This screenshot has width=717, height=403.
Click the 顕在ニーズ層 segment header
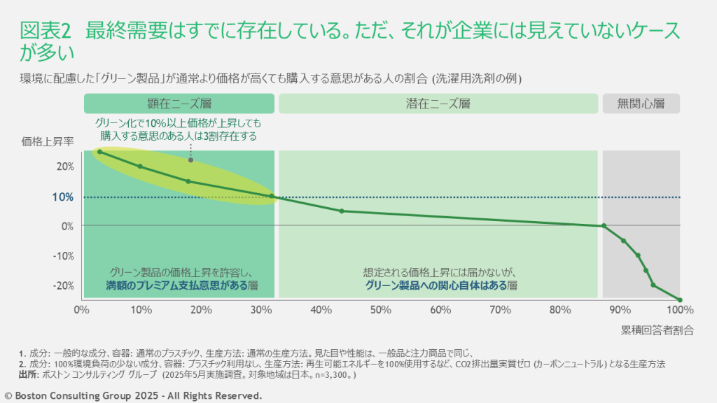(179, 104)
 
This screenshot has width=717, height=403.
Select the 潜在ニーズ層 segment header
(438, 104)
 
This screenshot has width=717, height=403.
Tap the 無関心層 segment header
(640, 104)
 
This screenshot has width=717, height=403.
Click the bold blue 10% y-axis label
(63, 197)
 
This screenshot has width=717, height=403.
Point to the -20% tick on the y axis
(64, 285)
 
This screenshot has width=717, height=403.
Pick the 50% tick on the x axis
(380, 309)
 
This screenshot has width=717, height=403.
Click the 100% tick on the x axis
(679, 309)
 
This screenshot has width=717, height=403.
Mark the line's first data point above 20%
(99, 151)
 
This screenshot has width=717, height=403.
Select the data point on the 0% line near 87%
(604, 225)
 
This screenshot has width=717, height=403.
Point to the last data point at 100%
(679, 299)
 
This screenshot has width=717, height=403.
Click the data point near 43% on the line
(341, 211)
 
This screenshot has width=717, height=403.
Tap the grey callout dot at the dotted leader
(190, 160)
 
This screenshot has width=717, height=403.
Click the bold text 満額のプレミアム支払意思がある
(176, 285)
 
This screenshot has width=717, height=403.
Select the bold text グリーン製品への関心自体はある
(436, 285)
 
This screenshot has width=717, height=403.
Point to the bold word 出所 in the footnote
(30, 374)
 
